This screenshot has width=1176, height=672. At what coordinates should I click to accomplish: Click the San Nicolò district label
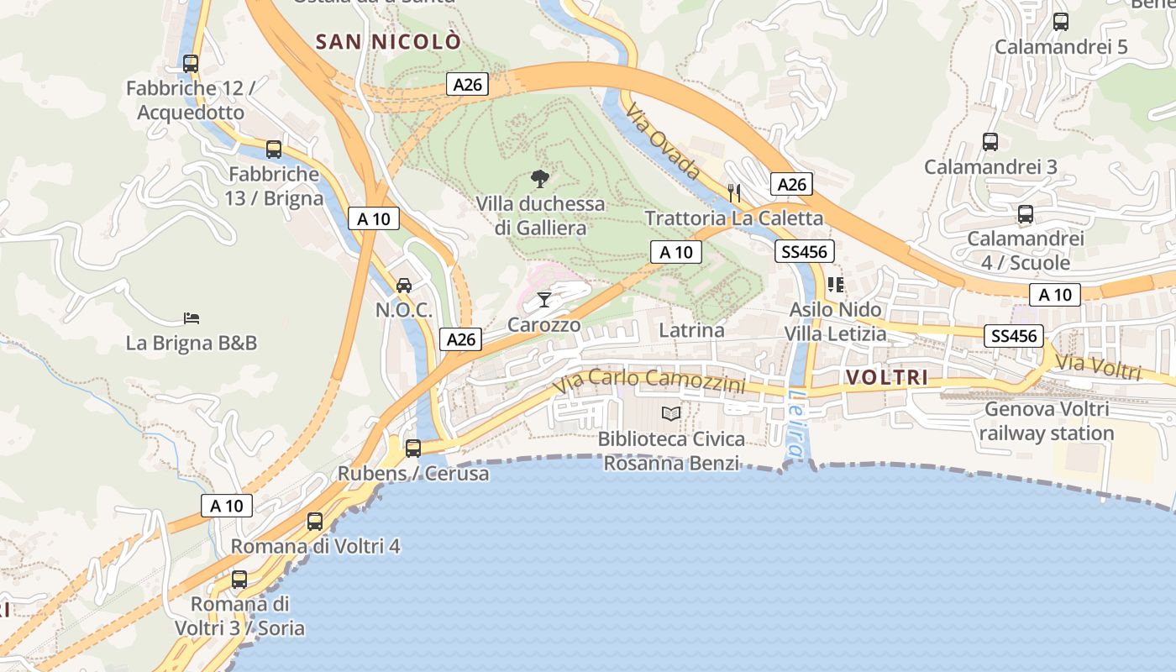click(388, 41)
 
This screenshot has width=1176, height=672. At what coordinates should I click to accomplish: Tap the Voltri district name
click(887, 378)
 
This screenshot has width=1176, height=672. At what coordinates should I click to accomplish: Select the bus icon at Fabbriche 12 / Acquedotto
click(191, 63)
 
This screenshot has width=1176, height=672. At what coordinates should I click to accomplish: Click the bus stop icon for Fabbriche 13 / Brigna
click(274, 150)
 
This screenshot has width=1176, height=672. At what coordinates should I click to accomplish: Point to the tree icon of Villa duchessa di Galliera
click(540, 178)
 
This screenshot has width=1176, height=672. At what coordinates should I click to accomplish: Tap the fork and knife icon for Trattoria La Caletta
click(734, 192)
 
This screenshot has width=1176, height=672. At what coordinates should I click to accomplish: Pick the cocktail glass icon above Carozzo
click(544, 299)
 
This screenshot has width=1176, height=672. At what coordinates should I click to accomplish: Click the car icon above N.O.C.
click(404, 285)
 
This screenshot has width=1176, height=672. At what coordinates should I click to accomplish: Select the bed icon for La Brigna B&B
click(192, 318)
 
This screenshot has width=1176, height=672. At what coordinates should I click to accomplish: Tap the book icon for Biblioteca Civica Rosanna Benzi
click(670, 413)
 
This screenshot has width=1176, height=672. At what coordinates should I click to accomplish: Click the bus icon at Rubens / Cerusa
click(413, 448)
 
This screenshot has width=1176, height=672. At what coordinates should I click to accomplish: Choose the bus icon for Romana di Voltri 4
click(315, 521)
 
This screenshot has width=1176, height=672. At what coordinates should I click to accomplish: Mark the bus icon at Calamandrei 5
click(1061, 22)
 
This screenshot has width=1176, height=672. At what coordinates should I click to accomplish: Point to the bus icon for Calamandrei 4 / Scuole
click(1026, 214)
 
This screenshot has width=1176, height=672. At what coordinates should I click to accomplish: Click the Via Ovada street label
click(663, 144)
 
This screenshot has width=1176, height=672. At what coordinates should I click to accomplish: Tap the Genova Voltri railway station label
click(1046, 422)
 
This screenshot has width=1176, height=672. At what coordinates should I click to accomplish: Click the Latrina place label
click(691, 330)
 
